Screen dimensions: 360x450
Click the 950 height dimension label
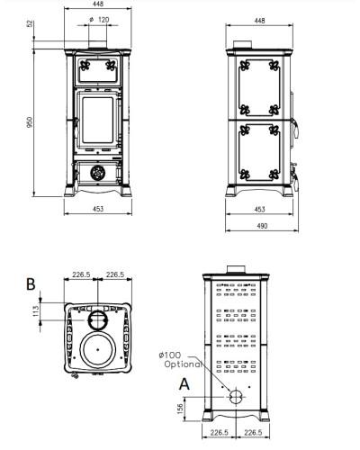(x=30, y=122)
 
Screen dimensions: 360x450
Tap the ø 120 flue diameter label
(x=99, y=20)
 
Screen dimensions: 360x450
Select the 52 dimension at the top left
(x=30, y=24)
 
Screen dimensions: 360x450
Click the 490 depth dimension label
(x=262, y=226)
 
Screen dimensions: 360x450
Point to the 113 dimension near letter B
(x=36, y=311)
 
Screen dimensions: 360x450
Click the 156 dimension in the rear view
(x=180, y=409)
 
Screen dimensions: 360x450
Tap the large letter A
(x=184, y=384)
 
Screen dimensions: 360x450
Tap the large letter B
(x=31, y=284)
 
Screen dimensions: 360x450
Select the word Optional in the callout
(x=183, y=364)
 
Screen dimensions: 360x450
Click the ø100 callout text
(x=170, y=355)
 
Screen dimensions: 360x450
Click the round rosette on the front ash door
(x=98, y=173)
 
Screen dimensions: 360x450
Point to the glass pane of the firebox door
(x=98, y=120)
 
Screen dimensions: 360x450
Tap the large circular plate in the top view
(x=98, y=350)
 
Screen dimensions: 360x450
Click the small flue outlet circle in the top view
(x=97, y=320)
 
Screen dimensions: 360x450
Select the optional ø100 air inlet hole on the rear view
(x=236, y=397)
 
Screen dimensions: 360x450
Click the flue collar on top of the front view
(x=97, y=44)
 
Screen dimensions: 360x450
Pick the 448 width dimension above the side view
(x=259, y=21)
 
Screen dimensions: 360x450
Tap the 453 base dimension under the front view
(x=98, y=209)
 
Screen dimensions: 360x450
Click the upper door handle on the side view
(x=295, y=128)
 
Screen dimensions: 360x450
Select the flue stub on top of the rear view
(x=236, y=270)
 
